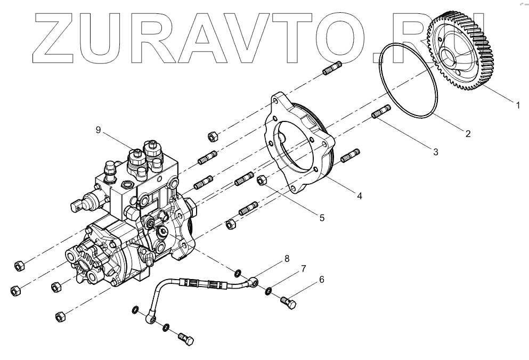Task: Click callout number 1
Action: point(516,105)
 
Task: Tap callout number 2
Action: point(468,134)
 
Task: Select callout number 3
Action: point(435,152)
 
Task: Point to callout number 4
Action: point(360,196)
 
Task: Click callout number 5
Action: point(321,217)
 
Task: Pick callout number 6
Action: point(321,279)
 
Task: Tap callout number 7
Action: point(303,268)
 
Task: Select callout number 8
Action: point(287,259)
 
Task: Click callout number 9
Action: point(98,129)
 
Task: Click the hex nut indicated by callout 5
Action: point(262,181)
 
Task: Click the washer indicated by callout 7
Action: point(269,290)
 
